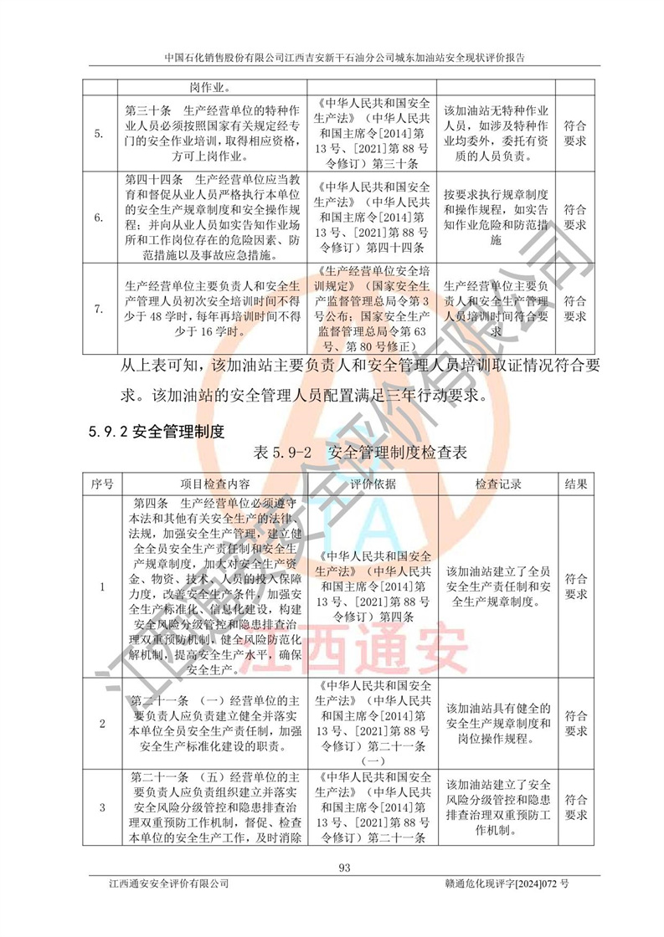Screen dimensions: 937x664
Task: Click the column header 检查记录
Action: (498, 484)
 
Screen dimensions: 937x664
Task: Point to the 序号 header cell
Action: (101, 484)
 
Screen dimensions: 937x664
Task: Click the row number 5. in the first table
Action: (101, 134)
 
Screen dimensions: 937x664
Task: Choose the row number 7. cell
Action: (101, 309)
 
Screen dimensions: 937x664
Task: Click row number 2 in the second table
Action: (101, 724)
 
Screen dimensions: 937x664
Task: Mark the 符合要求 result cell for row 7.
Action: (574, 309)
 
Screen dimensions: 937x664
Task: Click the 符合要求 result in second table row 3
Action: (574, 807)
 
